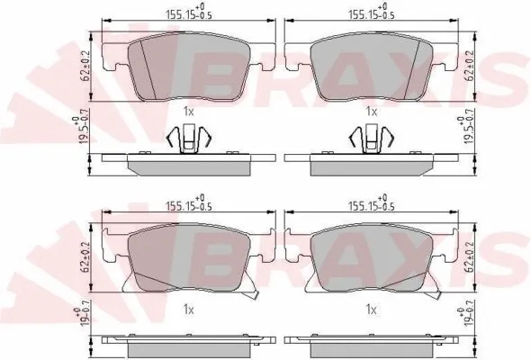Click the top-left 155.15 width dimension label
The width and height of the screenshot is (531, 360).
189,12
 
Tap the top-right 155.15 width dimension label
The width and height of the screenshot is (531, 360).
372,12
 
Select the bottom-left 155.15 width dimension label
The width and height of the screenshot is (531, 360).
189,202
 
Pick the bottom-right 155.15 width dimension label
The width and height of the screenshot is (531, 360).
372,202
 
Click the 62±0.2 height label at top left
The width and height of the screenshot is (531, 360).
85,66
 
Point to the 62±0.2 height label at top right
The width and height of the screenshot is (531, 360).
470,66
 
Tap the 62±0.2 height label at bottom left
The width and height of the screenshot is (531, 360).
85,257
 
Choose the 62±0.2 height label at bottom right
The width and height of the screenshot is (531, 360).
470,257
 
